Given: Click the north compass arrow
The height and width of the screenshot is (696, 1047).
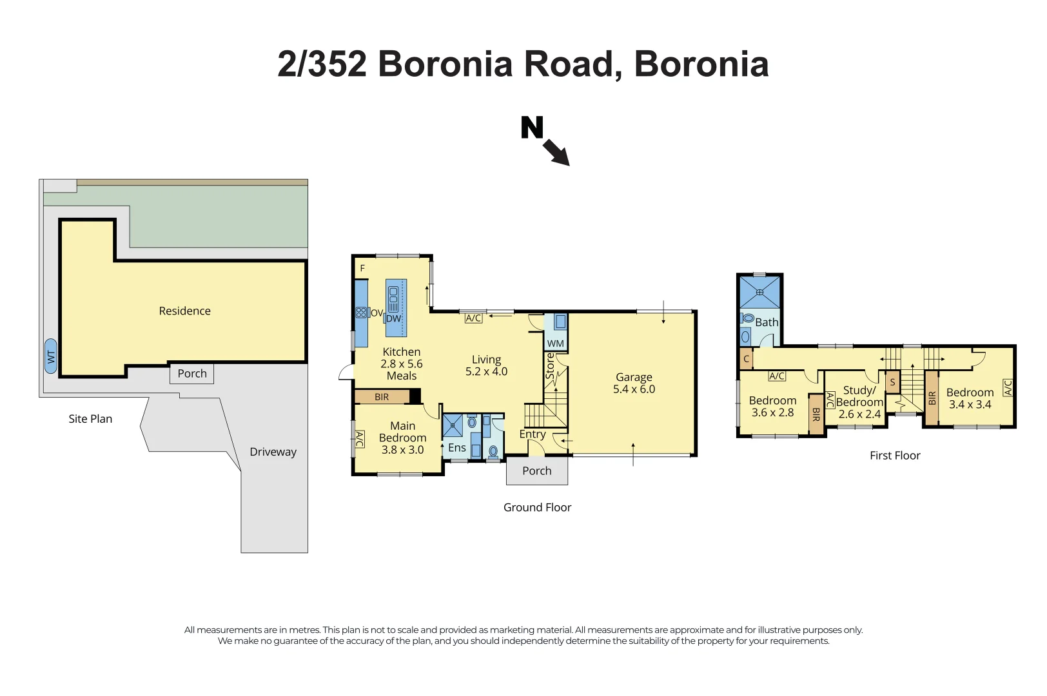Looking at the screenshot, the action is pos(556,152).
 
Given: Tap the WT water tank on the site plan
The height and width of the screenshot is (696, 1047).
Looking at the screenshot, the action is pos(51,356).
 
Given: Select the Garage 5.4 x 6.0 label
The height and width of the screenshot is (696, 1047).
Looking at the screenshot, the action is pos(634,383).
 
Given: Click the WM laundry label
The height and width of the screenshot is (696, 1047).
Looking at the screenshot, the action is pos(555,343).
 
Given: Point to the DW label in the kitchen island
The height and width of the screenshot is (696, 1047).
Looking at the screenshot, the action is pos(393,318).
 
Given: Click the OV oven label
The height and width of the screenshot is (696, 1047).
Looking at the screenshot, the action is pos(377,313).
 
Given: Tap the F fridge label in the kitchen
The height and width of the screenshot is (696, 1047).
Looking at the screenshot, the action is pos(362,268).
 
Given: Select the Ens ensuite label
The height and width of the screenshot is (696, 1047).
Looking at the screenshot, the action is pos(456,447).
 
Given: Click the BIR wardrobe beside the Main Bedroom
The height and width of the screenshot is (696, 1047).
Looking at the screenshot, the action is pos(382,397).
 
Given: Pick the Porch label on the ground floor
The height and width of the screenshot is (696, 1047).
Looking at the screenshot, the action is pos(537,471).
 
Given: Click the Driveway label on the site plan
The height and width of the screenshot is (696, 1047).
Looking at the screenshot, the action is pos(273,452).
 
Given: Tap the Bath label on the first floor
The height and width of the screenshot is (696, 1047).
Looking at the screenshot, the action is pos(767,322).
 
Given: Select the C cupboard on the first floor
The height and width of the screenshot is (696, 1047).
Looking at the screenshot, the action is pos(746,359).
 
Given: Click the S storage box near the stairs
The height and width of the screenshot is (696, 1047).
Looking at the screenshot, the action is pos(892,383).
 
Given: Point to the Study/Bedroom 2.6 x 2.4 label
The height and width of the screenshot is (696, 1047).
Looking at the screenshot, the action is pos(859,402).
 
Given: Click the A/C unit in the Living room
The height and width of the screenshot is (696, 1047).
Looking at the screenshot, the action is pos(473,318).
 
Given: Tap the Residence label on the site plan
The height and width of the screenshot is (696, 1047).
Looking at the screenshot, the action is pos(184,311).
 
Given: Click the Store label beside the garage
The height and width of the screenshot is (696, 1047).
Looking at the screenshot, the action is pos(550,366).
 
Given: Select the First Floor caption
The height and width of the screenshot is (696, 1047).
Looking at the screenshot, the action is pos(895,456).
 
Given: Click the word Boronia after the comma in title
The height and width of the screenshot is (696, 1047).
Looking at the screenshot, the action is pos(701,64).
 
